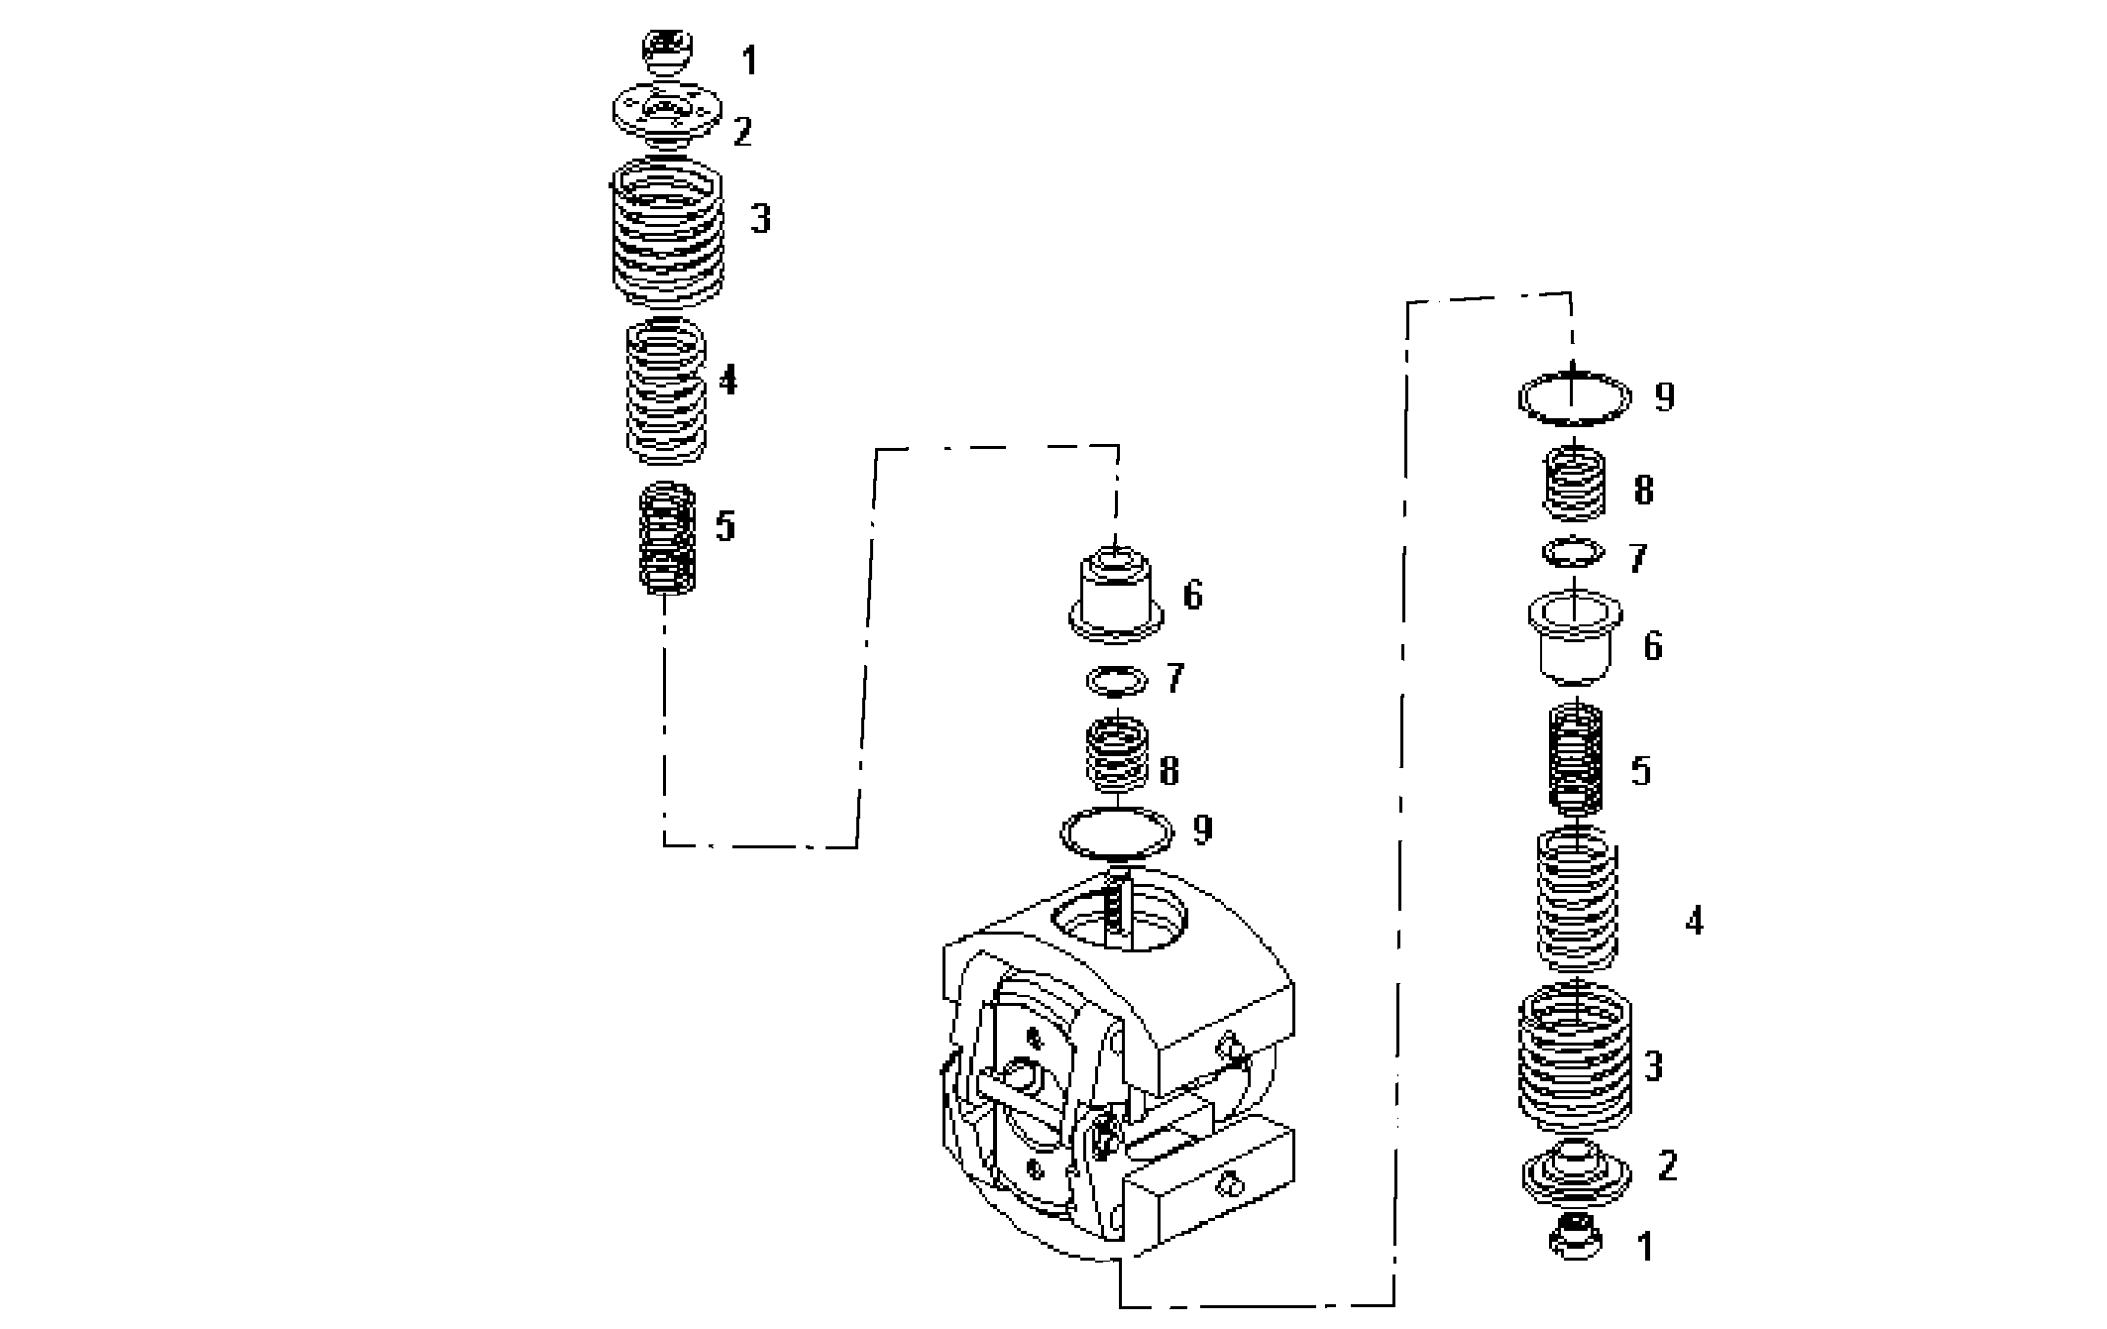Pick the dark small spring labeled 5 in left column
pos(667,538)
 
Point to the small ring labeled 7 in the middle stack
pos(1117,681)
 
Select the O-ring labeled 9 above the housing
pos(1117,831)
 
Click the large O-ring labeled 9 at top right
pos(1574,397)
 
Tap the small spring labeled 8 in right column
pos(1575,485)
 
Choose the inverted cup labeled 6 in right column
pos(1574,639)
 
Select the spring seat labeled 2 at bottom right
pos(1576,1169)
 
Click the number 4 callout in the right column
pos(1694,922)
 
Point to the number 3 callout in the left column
pos(760,219)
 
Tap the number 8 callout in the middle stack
pos(1168,771)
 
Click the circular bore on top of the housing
pos(1118,917)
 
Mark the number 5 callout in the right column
pos(1641,771)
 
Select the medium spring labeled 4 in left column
pos(667,391)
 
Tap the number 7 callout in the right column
pos(1637,558)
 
